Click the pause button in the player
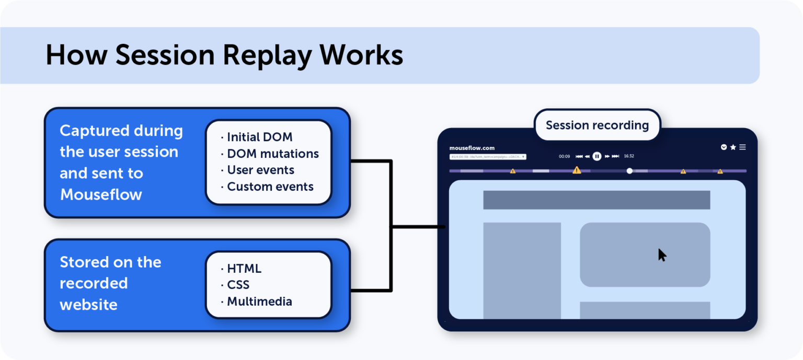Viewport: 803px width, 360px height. [x=596, y=156]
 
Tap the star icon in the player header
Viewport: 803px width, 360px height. [x=733, y=147]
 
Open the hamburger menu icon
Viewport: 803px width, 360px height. [x=742, y=147]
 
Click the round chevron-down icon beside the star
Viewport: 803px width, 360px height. [x=724, y=147]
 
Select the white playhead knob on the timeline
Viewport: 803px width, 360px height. [x=629, y=171]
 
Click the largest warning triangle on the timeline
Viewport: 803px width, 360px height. [x=577, y=170]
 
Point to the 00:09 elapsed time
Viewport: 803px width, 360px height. [x=564, y=156]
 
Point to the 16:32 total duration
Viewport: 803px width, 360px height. [x=629, y=156]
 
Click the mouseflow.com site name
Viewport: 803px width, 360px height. [x=472, y=148]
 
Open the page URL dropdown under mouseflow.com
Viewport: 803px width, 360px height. [x=488, y=157]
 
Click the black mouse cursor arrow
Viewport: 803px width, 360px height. [x=662, y=255]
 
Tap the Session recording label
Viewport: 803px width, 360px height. [x=597, y=125]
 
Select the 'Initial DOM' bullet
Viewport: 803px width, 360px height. [x=259, y=137]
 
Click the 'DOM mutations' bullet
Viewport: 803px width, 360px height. [x=272, y=154]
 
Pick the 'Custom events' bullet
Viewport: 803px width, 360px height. [x=270, y=187]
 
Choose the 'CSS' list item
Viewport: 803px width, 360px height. [x=238, y=285]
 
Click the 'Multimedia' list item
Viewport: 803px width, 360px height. [x=259, y=301]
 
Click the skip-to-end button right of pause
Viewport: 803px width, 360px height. [x=615, y=156]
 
